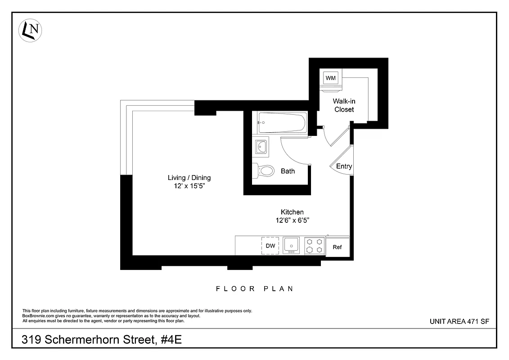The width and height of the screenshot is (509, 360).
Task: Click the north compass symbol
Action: (x=30, y=30)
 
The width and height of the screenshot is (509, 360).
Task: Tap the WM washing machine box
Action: (x=331, y=78)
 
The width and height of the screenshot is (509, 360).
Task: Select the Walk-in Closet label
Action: (x=344, y=105)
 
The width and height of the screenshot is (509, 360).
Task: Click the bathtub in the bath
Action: (x=282, y=121)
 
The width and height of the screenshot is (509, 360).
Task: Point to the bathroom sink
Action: (x=261, y=146)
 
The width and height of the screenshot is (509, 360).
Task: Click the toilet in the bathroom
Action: (x=265, y=171)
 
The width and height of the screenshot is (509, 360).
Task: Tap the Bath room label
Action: (x=288, y=171)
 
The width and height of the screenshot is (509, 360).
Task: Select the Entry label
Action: (x=344, y=166)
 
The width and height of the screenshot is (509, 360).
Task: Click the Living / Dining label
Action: (x=189, y=178)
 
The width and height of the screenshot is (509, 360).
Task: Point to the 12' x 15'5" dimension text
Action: (x=189, y=186)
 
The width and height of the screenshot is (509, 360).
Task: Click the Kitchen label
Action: (x=292, y=212)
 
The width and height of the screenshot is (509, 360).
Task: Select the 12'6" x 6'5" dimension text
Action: (x=292, y=220)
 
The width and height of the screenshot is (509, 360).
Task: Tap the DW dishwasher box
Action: (x=270, y=246)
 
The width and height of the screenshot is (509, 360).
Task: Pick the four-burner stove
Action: (x=314, y=246)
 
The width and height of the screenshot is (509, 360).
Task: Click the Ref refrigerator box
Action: (x=337, y=247)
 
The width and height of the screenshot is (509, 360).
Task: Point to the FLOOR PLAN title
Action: (x=254, y=288)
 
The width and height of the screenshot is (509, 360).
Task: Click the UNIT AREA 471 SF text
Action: (x=459, y=321)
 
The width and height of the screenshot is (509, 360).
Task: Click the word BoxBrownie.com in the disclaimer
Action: (x=35, y=316)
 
